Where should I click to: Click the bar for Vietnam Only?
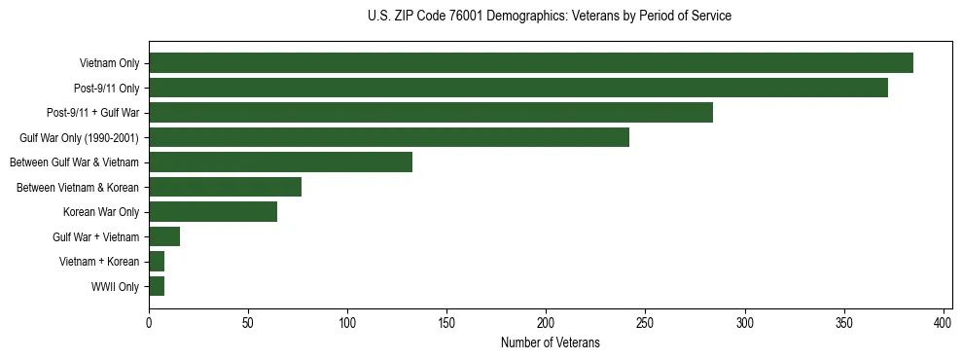point(531,63)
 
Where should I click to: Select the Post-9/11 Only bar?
point(518,88)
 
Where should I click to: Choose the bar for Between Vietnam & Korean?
point(226,187)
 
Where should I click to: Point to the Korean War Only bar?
point(213,212)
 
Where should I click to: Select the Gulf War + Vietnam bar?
point(164,236)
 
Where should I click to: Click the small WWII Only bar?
point(157,286)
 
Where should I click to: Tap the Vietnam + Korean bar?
point(157,262)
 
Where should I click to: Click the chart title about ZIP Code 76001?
point(550,17)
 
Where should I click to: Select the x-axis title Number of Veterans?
point(550,343)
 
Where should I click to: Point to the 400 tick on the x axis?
point(944,322)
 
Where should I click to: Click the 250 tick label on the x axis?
point(645,322)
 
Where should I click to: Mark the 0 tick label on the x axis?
point(149,322)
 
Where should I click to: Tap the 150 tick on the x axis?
point(446,322)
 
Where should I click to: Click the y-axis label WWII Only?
point(115,287)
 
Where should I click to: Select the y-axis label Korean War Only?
point(101,212)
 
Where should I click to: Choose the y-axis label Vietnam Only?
point(109,64)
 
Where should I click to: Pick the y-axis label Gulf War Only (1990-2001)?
point(79,138)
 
